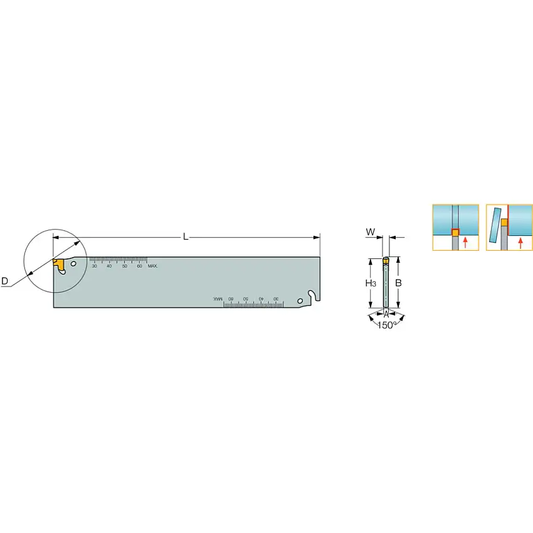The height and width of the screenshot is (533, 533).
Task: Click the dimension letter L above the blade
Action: [186, 236]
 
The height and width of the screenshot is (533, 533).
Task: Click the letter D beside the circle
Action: [5, 282]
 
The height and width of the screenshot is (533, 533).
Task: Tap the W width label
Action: [371, 232]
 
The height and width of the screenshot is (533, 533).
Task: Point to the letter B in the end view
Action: [398, 283]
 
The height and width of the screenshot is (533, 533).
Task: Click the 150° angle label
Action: [386, 325]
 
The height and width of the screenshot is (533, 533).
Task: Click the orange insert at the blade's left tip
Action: [58, 263]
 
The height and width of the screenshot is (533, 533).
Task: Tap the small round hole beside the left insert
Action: [73, 265]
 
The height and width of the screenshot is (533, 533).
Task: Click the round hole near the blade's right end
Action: [300, 302]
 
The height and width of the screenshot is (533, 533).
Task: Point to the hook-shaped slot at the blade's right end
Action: [312, 294]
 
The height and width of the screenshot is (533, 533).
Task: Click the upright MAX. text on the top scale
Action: [153, 266]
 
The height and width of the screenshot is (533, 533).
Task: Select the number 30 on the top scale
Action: [95, 266]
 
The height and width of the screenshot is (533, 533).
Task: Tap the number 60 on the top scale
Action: [139, 266]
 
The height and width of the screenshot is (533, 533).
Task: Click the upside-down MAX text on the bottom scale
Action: [218, 298]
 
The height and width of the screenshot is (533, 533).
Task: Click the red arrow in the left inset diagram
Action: [465, 243]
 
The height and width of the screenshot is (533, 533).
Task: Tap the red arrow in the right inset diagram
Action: [520, 243]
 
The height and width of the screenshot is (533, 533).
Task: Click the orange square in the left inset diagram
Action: [456, 233]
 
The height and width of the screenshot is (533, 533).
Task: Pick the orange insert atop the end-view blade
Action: [386, 260]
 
